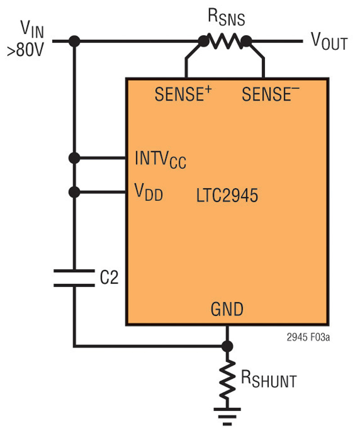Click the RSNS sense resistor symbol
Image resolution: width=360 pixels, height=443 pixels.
(x=225, y=41)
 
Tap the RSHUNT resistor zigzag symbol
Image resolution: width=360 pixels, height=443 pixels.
(x=227, y=380)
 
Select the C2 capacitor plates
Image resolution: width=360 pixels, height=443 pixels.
(x=74, y=278)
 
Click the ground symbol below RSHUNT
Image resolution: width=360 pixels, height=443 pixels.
(x=227, y=416)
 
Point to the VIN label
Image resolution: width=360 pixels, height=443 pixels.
(x=32, y=29)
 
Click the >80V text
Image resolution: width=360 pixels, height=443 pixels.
(x=26, y=50)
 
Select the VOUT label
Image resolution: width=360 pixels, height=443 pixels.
(x=329, y=41)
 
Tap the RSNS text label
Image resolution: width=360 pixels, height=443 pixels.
(x=226, y=18)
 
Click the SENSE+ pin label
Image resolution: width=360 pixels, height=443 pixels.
(x=183, y=94)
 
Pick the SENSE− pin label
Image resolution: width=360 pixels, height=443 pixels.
(x=270, y=94)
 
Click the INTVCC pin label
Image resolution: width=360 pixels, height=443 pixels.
(x=161, y=160)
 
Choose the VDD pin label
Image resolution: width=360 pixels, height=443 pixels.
(x=148, y=192)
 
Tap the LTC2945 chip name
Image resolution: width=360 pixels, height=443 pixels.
(x=227, y=195)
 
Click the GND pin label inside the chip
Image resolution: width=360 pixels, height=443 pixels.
(x=227, y=309)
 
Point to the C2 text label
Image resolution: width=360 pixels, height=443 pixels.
(x=109, y=277)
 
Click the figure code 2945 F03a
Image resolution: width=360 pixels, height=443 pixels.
(x=308, y=337)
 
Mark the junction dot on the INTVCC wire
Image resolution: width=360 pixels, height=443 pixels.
(x=74, y=158)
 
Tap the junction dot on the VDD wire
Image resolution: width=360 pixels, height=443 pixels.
(x=74, y=192)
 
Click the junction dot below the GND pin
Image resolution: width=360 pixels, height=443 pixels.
(x=227, y=346)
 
